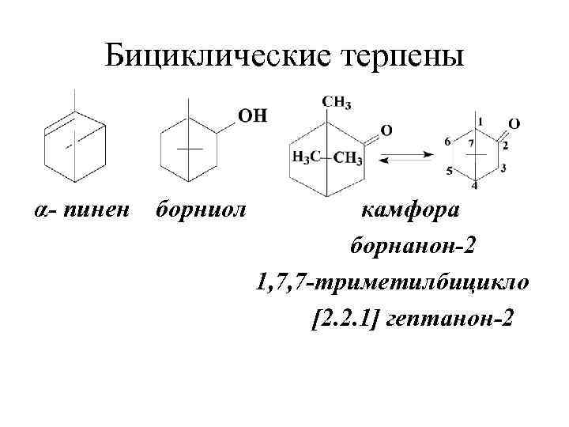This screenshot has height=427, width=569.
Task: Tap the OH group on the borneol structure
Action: (252, 116)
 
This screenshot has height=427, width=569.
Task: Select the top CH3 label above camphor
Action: (337, 102)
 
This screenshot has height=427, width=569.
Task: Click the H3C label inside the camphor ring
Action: (305, 158)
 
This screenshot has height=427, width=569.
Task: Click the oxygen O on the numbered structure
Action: (514, 123)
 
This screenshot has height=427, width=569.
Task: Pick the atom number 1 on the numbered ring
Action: (479, 121)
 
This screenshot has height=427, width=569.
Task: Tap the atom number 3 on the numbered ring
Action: (503, 168)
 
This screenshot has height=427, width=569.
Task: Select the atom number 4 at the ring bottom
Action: (474, 186)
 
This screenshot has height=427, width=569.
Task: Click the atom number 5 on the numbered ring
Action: (450, 170)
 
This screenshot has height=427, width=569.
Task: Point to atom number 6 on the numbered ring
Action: (447, 141)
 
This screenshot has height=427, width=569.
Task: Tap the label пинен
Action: (100, 210)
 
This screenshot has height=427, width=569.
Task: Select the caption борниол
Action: (202, 210)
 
